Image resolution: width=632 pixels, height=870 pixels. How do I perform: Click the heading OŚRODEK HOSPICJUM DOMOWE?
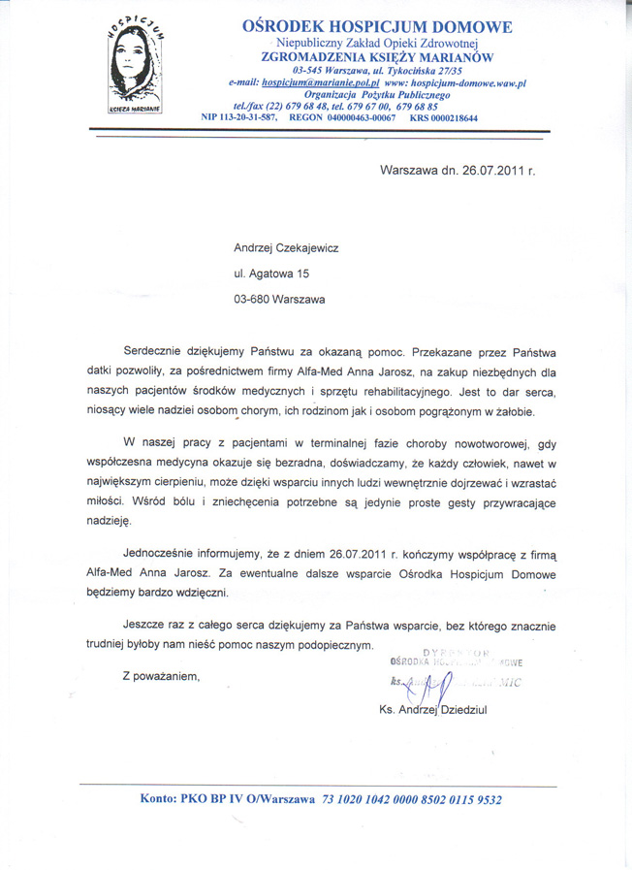click(x=378, y=28)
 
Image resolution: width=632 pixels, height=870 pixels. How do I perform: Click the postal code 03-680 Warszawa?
click(x=280, y=300)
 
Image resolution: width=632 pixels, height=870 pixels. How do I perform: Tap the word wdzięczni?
click(x=197, y=592)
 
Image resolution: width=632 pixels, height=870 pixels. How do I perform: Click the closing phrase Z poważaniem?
click(x=161, y=675)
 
